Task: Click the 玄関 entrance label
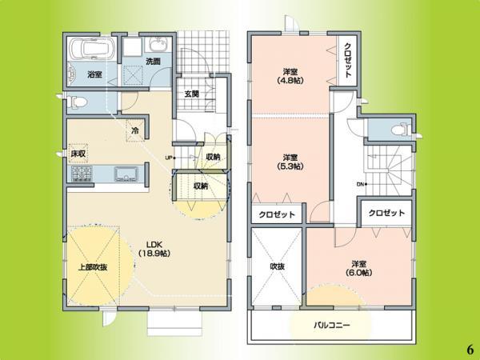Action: [x=191, y=94]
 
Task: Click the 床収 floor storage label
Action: [x=78, y=152]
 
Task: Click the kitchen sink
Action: [x=126, y=174]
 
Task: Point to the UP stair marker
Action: [x=170, y=157]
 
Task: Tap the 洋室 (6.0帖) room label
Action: [x=357, y=269]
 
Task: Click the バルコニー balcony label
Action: [x=331, y=326]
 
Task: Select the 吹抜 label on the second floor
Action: [x=277, y=266]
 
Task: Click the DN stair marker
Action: [x=362, y=186]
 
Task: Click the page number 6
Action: [x=468, y=350]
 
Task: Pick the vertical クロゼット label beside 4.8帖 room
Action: [x=348, y=59]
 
